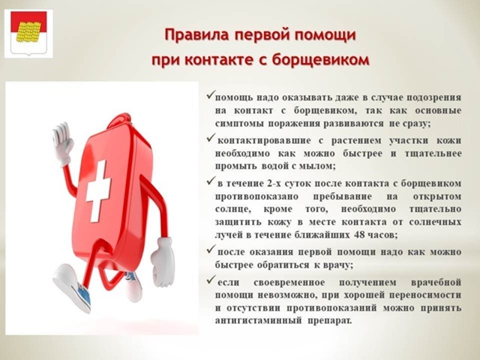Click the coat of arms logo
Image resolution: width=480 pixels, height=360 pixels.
[x=28, y=33]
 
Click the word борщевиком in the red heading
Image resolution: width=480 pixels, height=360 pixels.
[x=320, y=60]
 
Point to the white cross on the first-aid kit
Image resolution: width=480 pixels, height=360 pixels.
[x=98, y=190]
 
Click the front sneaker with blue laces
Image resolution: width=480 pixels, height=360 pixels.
[x=73, y=288]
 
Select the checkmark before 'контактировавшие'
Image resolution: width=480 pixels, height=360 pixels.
[x=211, y=138]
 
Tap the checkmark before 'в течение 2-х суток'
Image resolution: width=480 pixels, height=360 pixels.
[x=211, y=181]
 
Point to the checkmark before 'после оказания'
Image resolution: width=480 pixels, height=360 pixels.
[x=211, y=250]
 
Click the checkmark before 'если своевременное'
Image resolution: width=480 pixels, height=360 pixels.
[x=211, y=280]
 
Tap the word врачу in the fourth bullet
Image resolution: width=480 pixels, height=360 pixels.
[x=337, y=265]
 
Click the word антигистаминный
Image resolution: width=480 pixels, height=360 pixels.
[x=258, y=321]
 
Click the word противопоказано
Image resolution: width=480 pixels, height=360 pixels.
[x=256, y=196]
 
